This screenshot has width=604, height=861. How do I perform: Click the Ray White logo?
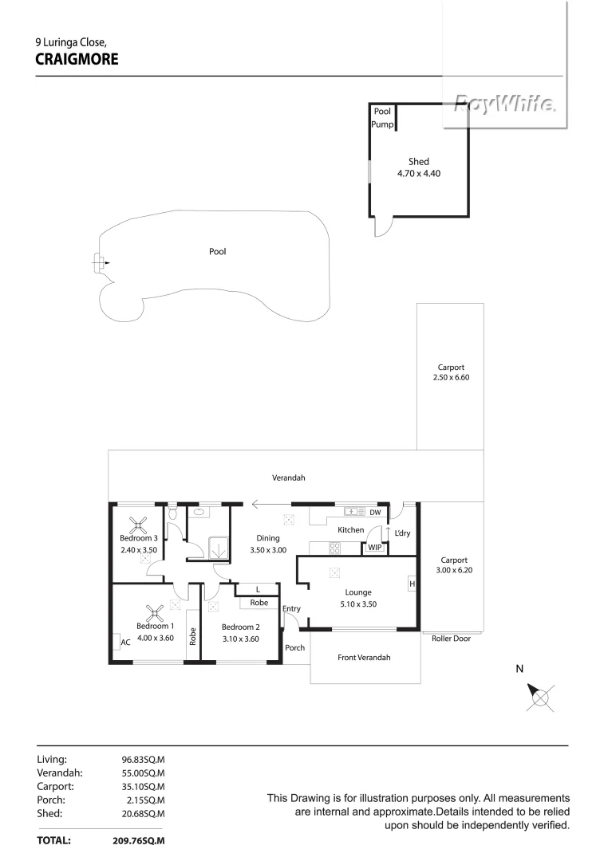[x=504, y=104]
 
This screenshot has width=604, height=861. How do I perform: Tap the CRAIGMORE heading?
[x=77, y=58]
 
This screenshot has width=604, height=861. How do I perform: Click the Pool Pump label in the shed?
[x=382, y=118]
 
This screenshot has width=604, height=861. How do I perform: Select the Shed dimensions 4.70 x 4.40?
[x=418, y=173]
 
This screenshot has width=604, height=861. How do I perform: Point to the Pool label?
[x=217, y=251]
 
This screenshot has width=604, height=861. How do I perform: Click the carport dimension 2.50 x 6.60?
[x=450, y=377]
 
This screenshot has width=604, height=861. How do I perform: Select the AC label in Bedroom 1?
[x=125, y=642]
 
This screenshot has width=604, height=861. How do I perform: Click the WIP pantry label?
[x=373, y=548]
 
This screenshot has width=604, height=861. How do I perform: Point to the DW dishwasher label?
[x=374, y=513]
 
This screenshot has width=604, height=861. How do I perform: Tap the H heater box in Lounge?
[x=413, y=584]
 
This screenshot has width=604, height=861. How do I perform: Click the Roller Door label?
[x=451, y=639]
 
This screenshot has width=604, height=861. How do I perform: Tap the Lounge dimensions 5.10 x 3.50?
[x=358, y=603]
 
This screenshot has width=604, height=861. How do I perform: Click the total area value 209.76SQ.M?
[x=142, y=840]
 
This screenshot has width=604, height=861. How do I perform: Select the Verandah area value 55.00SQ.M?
[x=142, y=773]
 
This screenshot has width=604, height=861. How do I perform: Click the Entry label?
[x=291, y=609]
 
